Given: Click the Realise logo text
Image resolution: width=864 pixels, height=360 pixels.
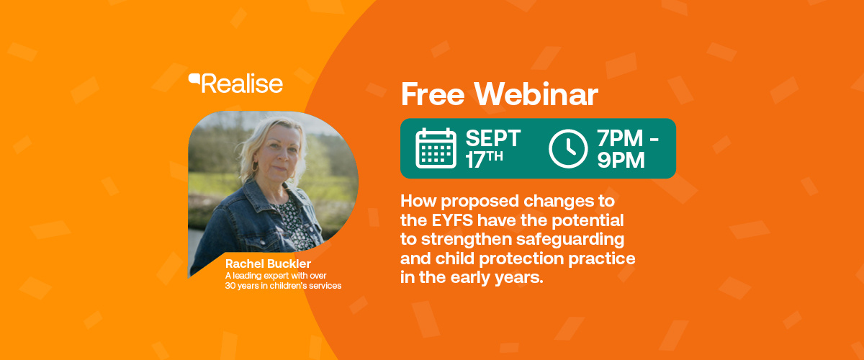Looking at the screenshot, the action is pyautogui.click(x=242, y=84).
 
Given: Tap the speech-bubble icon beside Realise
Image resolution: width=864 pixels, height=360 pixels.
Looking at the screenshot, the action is pyautogui.click(x=194, y=78).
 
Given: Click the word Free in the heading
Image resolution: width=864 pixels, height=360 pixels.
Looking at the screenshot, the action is pyautogui.click(x=433, y=94).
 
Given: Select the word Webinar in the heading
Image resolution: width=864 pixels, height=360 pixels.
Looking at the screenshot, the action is pyautogui.click(x=536, y=94).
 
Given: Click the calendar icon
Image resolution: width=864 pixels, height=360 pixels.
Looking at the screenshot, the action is pyautogui.click(x=436, y=148).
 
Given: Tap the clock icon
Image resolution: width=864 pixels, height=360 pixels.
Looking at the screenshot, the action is pyautogui.click(x=568, y=148).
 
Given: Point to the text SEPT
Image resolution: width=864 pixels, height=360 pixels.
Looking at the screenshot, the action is pyautogui.click(x=493, y=138).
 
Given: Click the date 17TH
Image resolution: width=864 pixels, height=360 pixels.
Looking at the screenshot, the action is pyautogui.click(x=484, y=160).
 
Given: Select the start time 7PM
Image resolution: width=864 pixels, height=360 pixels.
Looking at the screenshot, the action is pyautogui.click(x=620, y=138).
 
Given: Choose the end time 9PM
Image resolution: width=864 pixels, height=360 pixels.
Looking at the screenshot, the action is pyautogui.click(x=621, y=160).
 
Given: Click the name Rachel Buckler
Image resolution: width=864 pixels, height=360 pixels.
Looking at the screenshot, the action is pyautogui.click(x=268, y=264).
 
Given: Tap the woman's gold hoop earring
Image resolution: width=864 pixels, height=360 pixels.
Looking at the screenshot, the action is pyautogui.click(x=255, y=166).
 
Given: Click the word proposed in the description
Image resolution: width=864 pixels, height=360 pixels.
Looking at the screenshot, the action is pyautogui.click(x=480, y=202).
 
